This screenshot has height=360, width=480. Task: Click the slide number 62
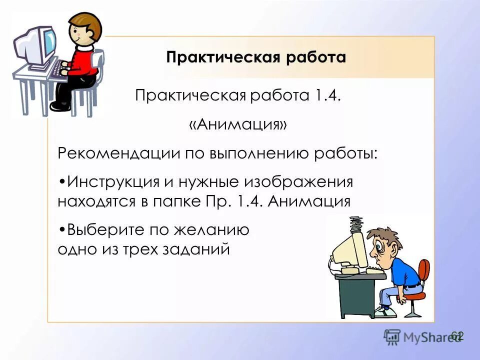[457, 335]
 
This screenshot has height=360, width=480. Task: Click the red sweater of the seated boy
[82, 62]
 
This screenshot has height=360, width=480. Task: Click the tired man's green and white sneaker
[385, 312]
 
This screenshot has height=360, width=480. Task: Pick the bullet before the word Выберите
[61, 230]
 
